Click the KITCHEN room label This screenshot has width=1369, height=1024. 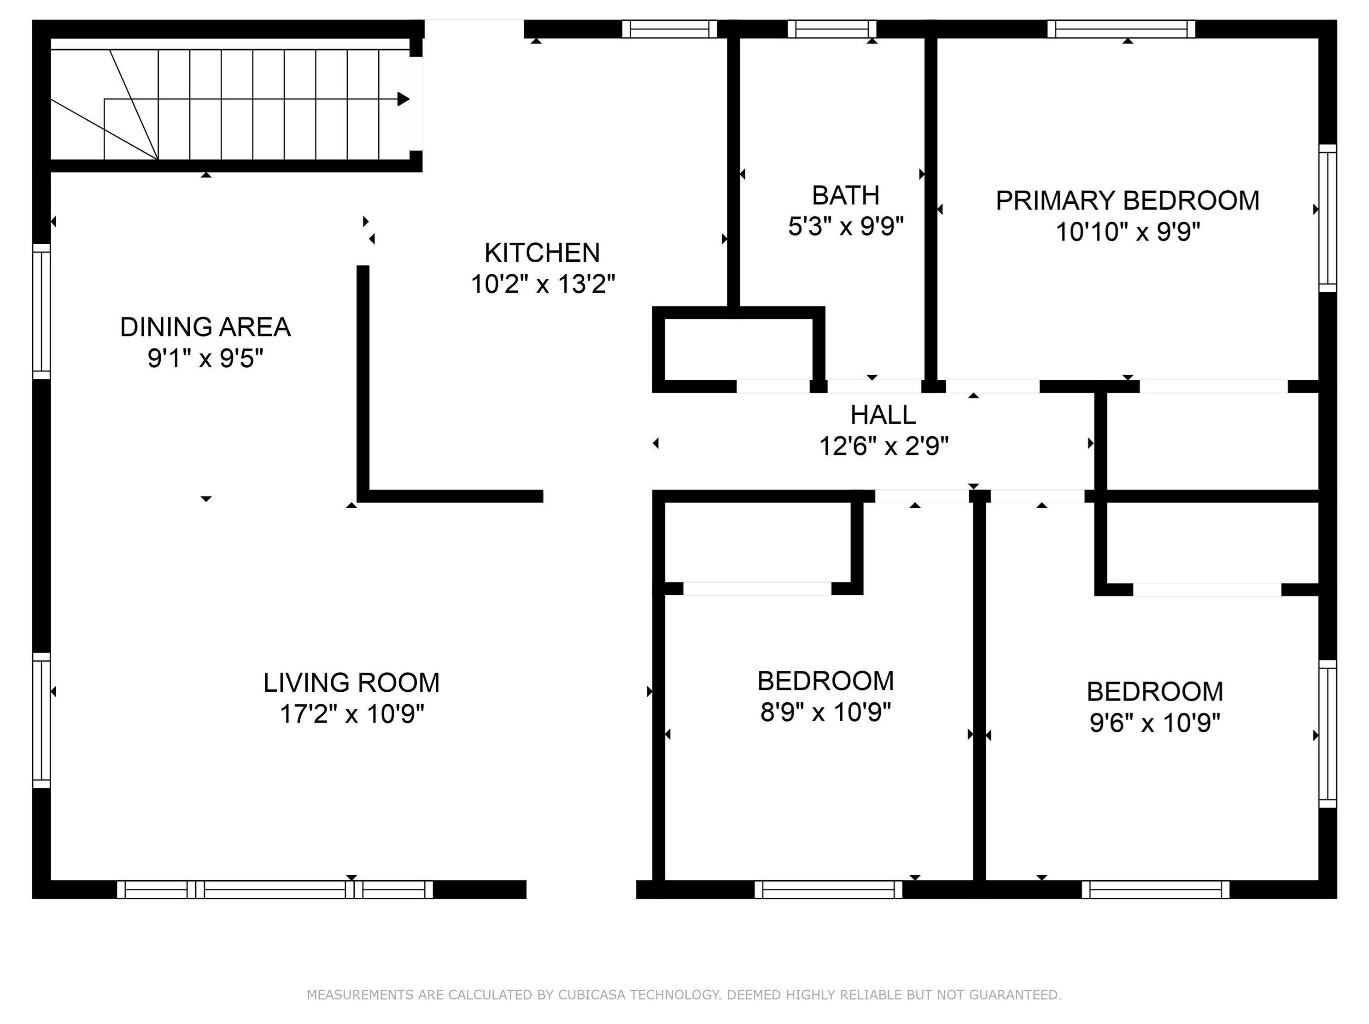pos(542,253)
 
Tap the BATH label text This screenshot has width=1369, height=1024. pos(845,196)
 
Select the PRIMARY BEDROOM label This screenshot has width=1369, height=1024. pos(1127,200)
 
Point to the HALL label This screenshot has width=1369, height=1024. pos(883,415)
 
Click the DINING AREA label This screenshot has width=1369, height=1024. pos(205,327)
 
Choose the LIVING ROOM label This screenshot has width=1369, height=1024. pos(351,683)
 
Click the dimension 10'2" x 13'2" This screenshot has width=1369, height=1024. pos(543,284)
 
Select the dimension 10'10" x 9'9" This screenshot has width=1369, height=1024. pos(1128,232)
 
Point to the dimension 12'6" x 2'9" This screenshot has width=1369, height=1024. pos(884,446)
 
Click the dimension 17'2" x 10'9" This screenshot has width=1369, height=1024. pos(351,714)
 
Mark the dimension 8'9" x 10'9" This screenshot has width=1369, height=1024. pos(825,712)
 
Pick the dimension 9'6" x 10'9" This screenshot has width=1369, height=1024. pos(1155,723)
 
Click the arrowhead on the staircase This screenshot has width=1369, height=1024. pos(404,99)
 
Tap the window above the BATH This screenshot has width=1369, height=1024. pos(836,29)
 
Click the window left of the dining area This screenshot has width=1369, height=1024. pos(41,311)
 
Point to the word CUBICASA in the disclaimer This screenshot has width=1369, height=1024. pos(593,995)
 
